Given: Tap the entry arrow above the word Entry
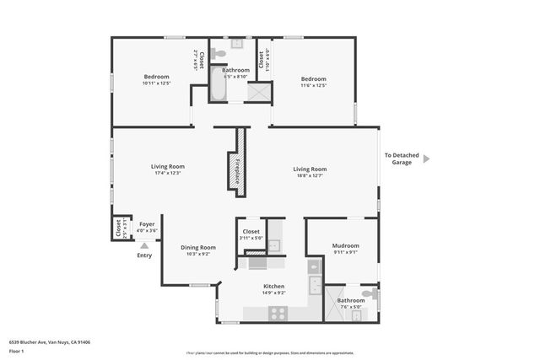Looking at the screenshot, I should click(144, 245).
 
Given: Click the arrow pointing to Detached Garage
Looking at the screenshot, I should click(427, 158).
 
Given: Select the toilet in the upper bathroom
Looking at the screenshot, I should click(219, 53).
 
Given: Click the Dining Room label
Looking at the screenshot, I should click(198, 247).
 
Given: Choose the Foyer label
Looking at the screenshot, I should click(147, 224).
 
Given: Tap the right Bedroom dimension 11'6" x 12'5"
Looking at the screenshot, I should click(313, 84).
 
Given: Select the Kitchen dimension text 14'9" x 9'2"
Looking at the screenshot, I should click(273, 293).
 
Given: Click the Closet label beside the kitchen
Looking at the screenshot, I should click(251, 231).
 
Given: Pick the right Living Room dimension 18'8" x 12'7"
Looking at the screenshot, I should click(310, 175).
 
